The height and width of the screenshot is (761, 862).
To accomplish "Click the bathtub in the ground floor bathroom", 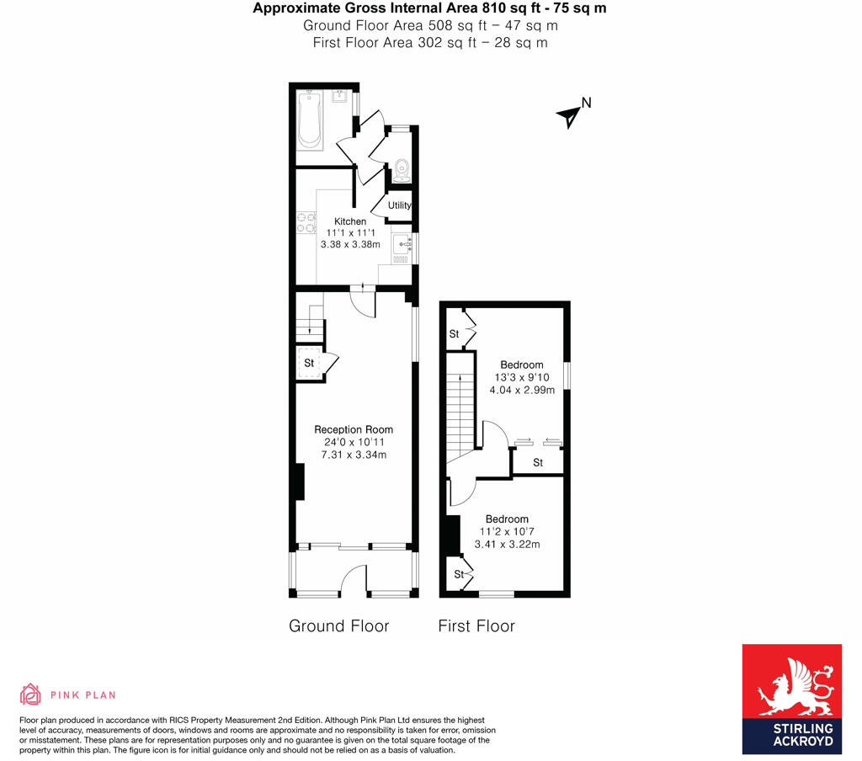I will [311, 120].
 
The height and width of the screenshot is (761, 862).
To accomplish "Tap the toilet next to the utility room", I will [401, 169].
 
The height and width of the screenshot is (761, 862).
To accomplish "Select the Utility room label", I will [400, 205].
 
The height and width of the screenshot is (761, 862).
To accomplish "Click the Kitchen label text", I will [350, 221].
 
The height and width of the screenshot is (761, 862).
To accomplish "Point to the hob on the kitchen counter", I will [304, 223].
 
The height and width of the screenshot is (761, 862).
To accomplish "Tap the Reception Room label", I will [354, 430].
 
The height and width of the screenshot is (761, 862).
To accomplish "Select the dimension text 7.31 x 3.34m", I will [354, 455].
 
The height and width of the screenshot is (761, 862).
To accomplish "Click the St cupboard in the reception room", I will [309, 363].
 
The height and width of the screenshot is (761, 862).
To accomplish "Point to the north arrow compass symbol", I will [569, 116].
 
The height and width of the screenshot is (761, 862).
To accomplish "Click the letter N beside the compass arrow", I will [587, 103].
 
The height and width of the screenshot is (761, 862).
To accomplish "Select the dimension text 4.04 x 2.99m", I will [521, 390].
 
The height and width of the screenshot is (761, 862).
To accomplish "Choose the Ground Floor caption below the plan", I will [338, 626].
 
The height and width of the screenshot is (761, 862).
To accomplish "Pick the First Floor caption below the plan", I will [476, 626].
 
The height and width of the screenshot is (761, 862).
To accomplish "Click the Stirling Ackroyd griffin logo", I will [791, 683].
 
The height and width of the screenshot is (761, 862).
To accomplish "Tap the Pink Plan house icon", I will [30, 694].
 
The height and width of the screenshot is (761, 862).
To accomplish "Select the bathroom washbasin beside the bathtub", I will [341, 97].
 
